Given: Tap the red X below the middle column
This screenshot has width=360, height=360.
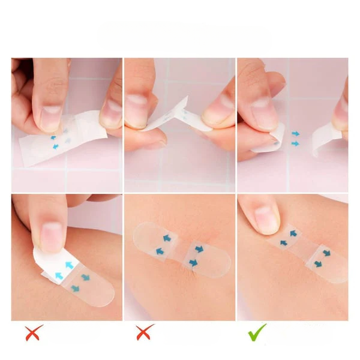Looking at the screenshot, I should coord(145,332).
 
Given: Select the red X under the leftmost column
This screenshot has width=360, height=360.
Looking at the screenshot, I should coord(34,332).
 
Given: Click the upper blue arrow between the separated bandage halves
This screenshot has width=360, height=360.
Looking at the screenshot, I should coord(295,134).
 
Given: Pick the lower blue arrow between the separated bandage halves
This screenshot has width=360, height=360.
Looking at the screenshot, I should coord(295,144).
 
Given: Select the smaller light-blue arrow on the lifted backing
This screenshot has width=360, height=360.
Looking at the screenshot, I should coord(59,275).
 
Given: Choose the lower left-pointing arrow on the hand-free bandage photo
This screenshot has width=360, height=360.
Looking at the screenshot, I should coord(160,251).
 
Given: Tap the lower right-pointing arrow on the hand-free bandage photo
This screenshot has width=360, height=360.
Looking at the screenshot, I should coord(193,263).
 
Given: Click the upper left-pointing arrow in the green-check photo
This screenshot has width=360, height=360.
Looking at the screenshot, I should coord(293,233).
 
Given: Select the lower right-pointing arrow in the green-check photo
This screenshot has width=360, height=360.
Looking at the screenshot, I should coord(319,263).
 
